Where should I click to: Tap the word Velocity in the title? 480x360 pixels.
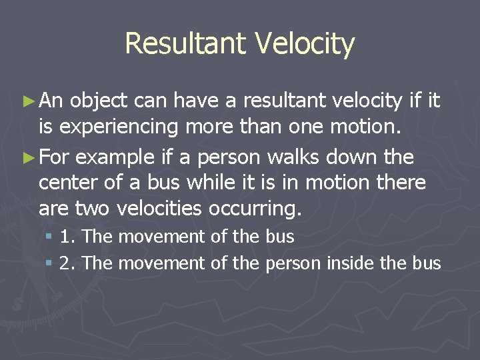(x=304, y=44)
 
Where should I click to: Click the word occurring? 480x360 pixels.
(x=255, y=209)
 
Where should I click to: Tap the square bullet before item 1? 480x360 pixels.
(x=50, y=237)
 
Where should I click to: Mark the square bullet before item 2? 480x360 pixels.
(x=50, y=263)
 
